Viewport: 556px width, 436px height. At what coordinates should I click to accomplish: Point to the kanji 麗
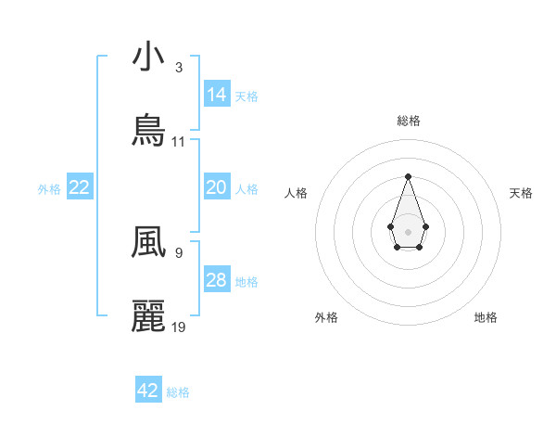point(148,316)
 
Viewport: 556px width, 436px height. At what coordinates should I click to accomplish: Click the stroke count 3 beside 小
point(179,68)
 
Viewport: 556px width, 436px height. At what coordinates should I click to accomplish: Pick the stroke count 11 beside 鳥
point(179,142)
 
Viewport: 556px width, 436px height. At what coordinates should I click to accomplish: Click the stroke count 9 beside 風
point(179,251)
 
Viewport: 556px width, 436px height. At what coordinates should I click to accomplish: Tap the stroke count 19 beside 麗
point(179,327)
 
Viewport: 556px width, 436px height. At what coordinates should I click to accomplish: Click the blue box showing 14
point(217,94)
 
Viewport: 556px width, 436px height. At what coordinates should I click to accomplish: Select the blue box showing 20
point(217,187)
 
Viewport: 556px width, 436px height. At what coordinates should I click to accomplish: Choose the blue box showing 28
point(217,280)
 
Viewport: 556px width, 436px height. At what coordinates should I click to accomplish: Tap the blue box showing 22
point(80,187)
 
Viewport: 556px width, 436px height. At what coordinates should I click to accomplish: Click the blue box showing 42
point(148,391)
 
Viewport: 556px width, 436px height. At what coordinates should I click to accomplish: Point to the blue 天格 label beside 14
point(246,96)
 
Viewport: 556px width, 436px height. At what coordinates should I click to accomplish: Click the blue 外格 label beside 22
point(49,189)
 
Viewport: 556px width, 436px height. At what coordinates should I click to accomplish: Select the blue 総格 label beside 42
point(178,392)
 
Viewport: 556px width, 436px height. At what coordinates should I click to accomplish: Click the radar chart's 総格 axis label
point(408,121)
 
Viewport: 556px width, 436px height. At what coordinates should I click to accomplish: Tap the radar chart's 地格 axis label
point(486,317)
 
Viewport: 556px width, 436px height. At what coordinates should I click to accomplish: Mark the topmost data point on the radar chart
point(408,176)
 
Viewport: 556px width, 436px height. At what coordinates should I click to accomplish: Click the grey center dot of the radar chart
point(408,230)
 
